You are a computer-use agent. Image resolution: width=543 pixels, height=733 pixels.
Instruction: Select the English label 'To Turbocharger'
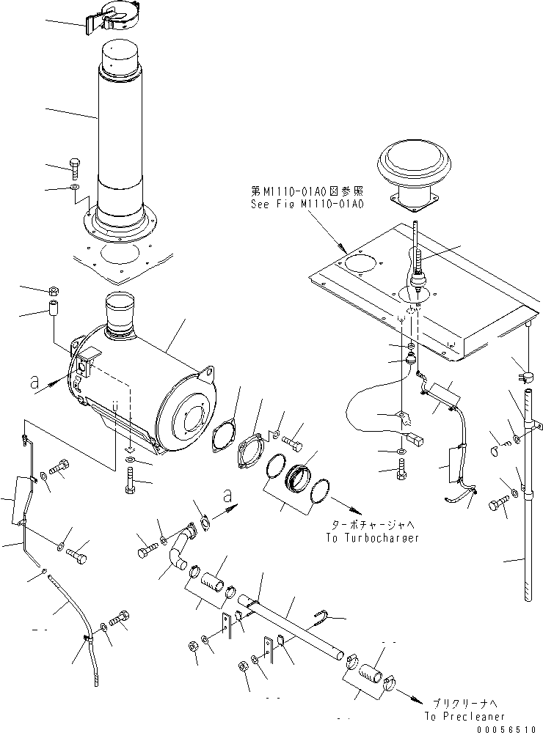point(373,537)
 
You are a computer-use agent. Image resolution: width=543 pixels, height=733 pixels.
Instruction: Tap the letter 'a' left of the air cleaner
point(34,381)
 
